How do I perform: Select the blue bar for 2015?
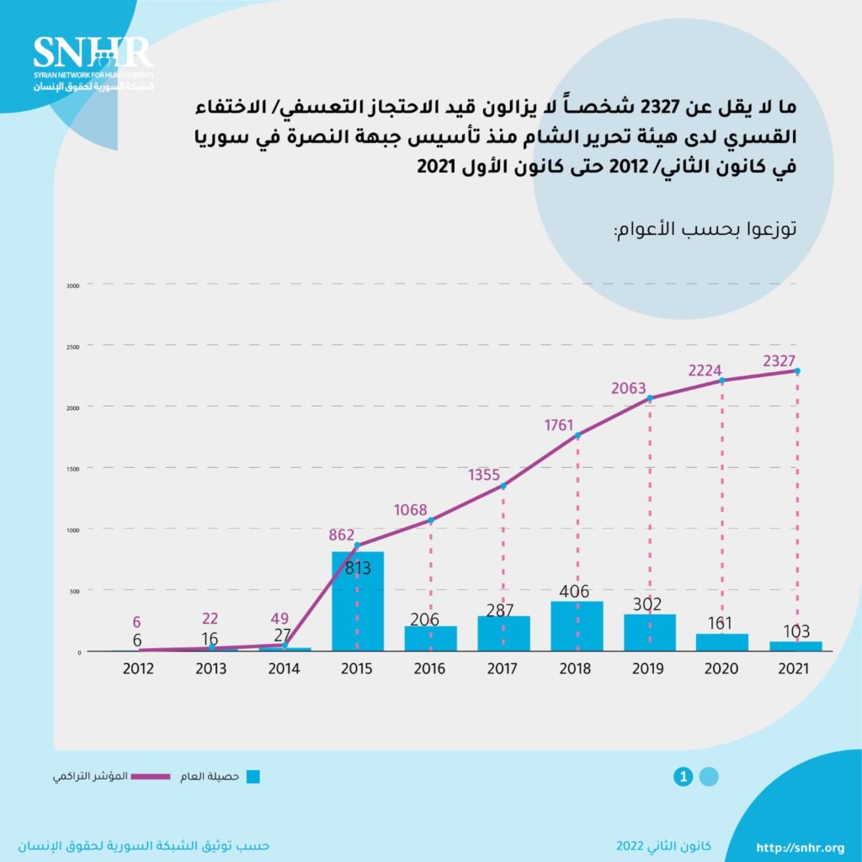coord(357,601)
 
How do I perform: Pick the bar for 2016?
coord(430,638)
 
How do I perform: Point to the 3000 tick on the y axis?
coord(72,285)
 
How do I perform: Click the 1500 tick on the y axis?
coord(72,468)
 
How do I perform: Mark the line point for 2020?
coord(722,380)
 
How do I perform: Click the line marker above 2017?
coord(503,486)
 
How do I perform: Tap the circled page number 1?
coord(684,777)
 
